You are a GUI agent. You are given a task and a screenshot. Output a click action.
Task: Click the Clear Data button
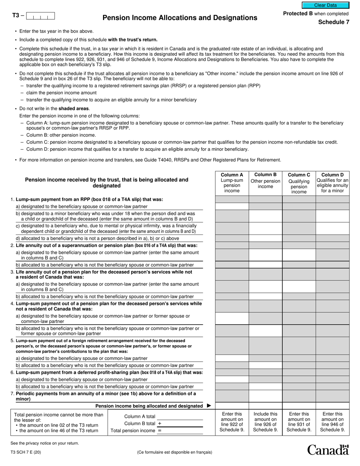coord(325,5)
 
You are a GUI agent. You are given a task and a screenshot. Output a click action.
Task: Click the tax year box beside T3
coord(41,16)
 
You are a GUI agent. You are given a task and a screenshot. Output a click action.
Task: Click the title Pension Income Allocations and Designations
coord(180,18)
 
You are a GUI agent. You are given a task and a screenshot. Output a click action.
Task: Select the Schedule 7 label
coord(333,22)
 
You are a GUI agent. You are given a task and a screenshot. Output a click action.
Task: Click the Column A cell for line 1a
coord(232,206)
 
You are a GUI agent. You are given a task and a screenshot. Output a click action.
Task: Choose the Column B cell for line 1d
coord(265,238)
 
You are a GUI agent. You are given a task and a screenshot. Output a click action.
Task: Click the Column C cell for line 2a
coord(299,255)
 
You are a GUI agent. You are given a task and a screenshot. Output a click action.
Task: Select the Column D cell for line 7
coord(332,396)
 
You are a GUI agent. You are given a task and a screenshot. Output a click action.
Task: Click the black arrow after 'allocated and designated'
coord(209,406)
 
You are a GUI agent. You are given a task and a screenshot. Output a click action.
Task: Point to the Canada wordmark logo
coord(328,450)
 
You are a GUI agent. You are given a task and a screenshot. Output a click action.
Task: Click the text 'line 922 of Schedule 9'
coord(232,427)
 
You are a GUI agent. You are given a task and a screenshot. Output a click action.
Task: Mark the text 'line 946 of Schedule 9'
coord(332,427)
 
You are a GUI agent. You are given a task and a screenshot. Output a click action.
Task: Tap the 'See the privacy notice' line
coord(45,443)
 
